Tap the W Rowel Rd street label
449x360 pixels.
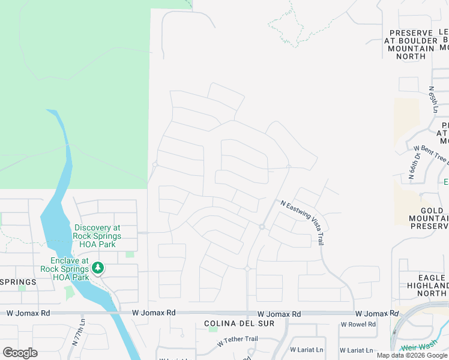[x=358, y=325]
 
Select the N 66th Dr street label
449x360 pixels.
[x=413, y=166]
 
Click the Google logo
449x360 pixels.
[x=20, y=353]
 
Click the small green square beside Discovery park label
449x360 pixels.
[x=130, y=254]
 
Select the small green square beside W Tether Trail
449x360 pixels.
[x=212, y=328]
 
